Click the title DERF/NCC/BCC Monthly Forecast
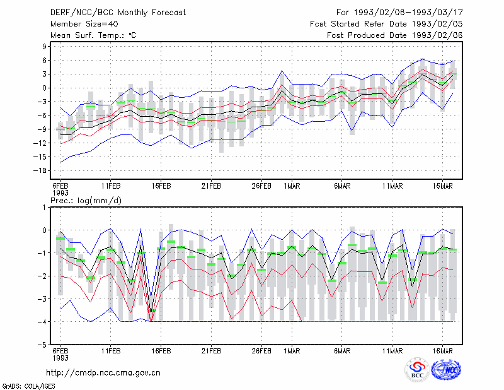118,13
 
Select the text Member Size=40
84,24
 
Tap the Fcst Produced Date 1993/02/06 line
395,35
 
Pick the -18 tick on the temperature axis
40,170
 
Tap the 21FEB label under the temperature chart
211,186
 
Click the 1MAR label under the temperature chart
292,186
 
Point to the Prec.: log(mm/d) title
86,201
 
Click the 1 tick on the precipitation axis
44,208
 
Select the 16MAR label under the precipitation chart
443,351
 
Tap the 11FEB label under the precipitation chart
111,351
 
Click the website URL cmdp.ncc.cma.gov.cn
103,373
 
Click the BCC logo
417,370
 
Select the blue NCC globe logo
446,370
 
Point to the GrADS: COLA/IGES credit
29,386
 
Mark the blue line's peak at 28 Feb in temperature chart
282,71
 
